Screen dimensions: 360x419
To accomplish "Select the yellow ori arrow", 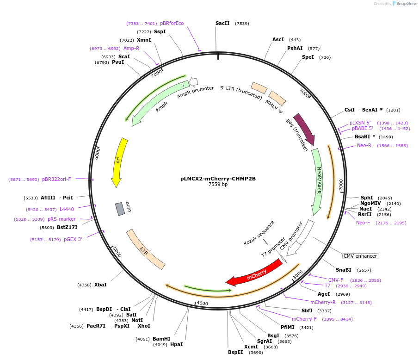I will (x=119, y=161).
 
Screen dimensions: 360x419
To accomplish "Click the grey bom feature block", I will (x=120, y=209).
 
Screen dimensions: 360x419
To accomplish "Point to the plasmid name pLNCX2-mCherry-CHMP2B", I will (x=218, y=178).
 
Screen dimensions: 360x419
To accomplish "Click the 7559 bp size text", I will (x=218, y=184).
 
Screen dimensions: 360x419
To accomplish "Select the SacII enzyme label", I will (x=222, y=23).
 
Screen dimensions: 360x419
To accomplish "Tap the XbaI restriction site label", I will (x=100, y=285).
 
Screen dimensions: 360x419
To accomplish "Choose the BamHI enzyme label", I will (x=161, y=339).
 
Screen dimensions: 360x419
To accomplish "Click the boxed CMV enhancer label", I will (x=360, y=256).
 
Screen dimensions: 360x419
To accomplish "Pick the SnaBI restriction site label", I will (x=344, y=270).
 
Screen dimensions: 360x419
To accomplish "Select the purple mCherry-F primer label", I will (x=304, y=319).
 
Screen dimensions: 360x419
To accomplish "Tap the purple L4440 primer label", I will (x=67, y=209).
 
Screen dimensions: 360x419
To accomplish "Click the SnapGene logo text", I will (x=406, y=4).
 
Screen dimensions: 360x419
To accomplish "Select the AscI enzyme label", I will (x=278, y=39).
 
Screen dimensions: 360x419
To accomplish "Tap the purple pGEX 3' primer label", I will (x=73, y=239).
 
